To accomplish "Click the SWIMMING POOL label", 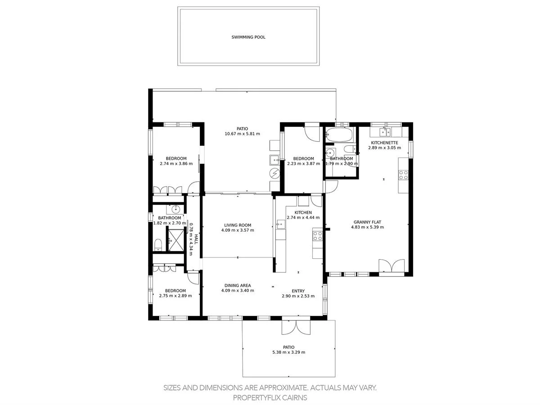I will tap(248, 37).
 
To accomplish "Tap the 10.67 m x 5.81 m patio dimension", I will tap(242, 134).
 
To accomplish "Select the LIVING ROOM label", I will tap(238, 225).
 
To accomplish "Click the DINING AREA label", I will tap(238, 285).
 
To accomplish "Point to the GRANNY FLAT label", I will tap(367, 222).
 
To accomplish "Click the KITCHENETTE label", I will tap(384, 142).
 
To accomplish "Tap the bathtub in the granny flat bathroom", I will tap(339, 134).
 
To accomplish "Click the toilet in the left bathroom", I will tap(158, 244).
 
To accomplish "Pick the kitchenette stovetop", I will tap(403, 175).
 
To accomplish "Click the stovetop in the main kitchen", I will tap(317, 236).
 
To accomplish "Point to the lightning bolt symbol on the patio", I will tap(274, 174).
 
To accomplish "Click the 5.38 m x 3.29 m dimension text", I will tap(288, 352).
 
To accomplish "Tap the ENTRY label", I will tap(298, 291).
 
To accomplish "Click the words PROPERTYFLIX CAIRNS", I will tap(270, 397).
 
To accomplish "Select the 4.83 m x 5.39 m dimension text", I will tap(367, 227).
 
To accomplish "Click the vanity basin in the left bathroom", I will tap(175, 209).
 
